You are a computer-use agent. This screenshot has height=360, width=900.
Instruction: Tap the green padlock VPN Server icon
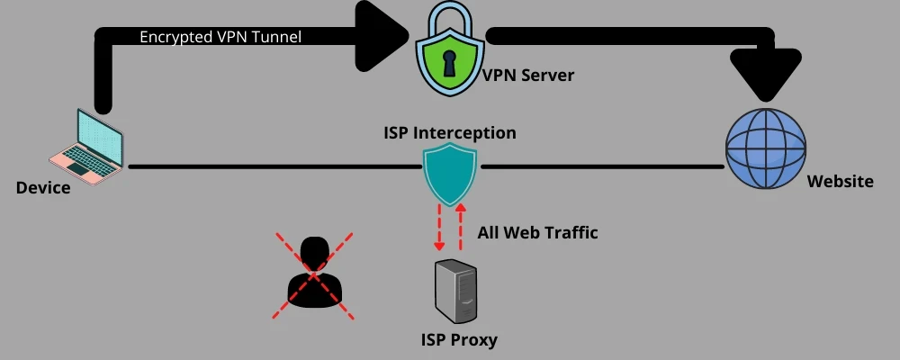coord(448,54)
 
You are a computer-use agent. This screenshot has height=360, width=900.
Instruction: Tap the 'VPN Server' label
coord(528,76)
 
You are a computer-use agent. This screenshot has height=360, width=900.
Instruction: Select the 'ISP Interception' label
coord(450,133)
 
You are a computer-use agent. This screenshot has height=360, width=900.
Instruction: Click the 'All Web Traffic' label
coord(538,233)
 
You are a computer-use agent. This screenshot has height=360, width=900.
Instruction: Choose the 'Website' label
coord(840,182)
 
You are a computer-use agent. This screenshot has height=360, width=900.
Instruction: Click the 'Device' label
coord(43,187)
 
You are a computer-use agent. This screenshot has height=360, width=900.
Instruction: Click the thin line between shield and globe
coord(603,166)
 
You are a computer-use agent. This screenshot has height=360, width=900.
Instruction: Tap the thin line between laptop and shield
coord(270,166)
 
